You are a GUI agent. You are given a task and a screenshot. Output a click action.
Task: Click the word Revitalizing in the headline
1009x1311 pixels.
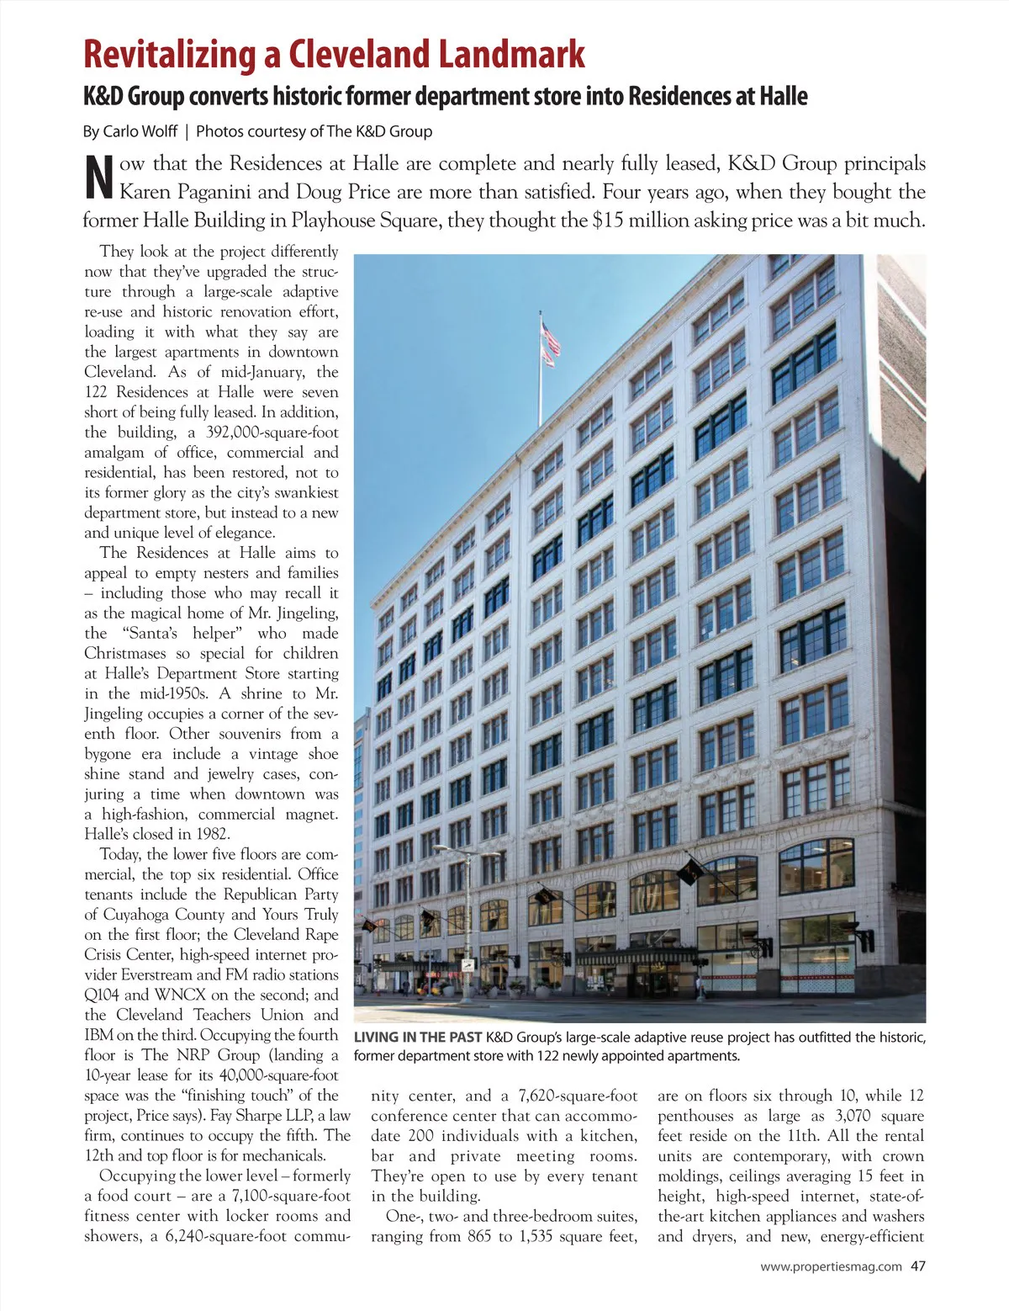click(169, 55)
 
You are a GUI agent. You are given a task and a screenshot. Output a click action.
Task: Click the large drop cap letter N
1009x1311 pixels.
click(99, 178)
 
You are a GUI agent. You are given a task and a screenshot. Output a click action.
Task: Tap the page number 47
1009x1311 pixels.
click(917, 1266)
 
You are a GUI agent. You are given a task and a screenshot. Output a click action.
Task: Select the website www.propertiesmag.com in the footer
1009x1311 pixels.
click(831, 1266)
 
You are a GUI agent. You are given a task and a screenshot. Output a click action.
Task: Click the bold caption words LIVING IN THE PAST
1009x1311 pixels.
click(417, 1038)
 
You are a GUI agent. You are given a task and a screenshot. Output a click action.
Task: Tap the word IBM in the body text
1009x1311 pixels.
click(98, 1035)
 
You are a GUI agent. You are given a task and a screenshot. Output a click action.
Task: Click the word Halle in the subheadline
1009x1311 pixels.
click(784, 97)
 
